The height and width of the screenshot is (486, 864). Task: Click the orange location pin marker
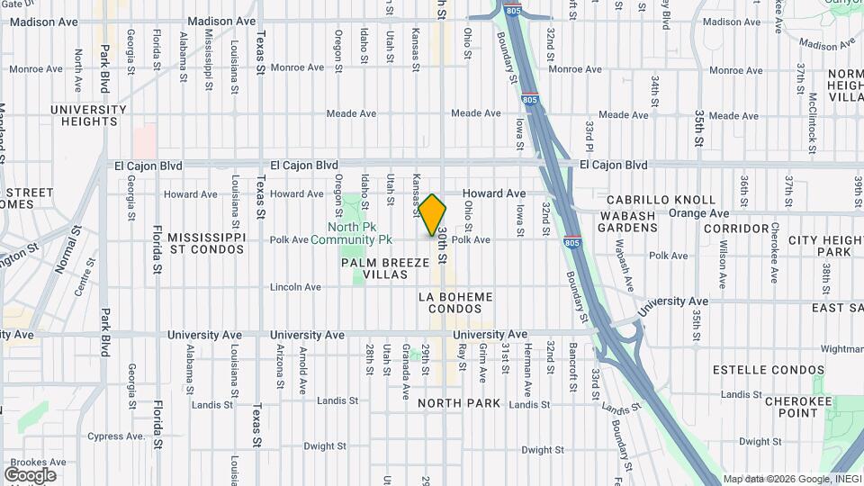point(433,214)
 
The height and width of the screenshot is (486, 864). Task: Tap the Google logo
point(30,474)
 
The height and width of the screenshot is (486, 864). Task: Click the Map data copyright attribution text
point(791,479)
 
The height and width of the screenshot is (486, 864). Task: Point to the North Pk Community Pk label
point(352,233)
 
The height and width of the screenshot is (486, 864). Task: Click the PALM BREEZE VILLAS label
point(375,268)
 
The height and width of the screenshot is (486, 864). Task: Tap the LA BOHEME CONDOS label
point(455,302)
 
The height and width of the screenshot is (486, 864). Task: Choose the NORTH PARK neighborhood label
point(459,403)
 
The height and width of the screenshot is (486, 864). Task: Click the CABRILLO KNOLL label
point(661,200)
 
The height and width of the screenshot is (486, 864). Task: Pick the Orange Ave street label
point(704,214)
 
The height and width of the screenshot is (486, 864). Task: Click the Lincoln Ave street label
point(296,287)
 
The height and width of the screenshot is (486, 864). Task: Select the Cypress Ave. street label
point(116,436)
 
